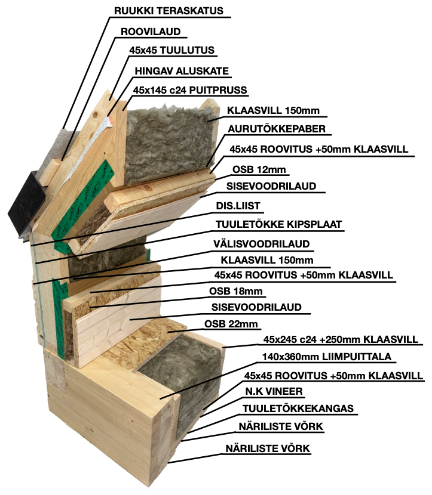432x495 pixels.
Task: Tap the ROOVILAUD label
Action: (151, 31)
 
